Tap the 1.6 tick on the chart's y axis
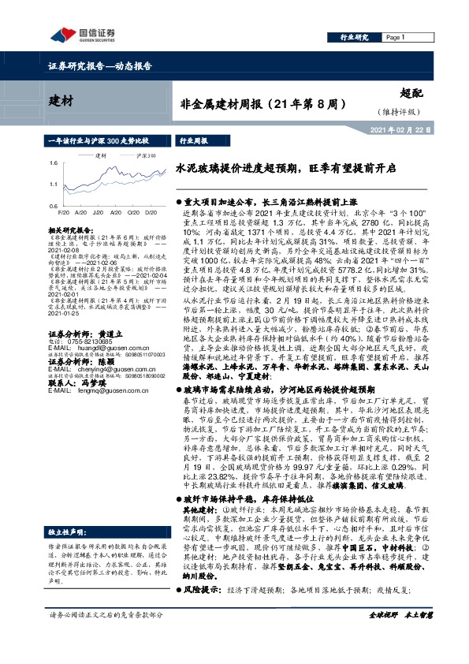coord(51,162)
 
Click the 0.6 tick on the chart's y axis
coord(51,204)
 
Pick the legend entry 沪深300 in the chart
coord(145,155)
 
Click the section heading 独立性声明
coord(67,488)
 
